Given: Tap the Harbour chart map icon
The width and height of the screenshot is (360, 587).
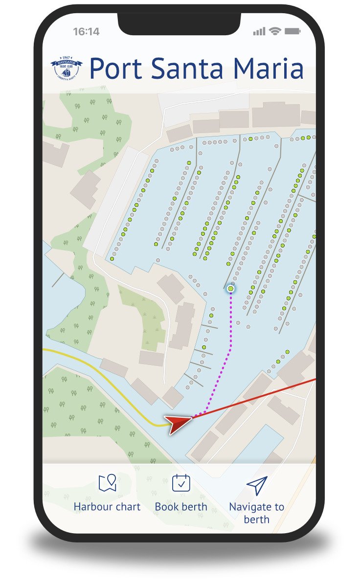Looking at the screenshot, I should [x=107, y=483].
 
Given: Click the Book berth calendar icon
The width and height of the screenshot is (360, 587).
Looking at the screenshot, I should [x=181, y=483].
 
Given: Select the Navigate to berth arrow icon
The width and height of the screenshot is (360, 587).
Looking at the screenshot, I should [x=257, y=485].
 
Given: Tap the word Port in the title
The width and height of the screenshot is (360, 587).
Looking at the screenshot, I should [x=115, y=68].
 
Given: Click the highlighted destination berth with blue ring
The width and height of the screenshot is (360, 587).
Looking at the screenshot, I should [x=231, y=289].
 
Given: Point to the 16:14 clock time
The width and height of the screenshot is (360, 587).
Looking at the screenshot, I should [x=86, y=32].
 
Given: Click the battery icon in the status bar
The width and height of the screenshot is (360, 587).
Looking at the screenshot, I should [x=292, y=32].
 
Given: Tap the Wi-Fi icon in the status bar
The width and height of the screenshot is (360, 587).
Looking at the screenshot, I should [x=275, y=32].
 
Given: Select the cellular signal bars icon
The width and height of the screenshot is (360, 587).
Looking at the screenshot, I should [x=259, y=32].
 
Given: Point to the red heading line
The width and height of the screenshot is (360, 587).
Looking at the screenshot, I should [x=259, y=397].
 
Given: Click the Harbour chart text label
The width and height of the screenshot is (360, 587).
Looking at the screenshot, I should [x=107, y=507].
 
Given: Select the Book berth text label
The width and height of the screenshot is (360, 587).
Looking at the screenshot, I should [x=181, y=507].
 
